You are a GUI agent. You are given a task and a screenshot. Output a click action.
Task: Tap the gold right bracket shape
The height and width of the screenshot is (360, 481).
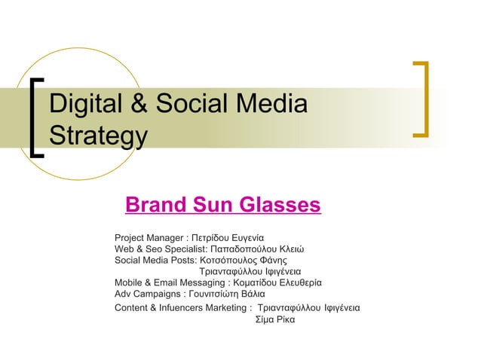click(x=422, y=99)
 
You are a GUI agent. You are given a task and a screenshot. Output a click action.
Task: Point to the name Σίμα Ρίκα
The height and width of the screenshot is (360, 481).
click(x=277, y=319)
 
